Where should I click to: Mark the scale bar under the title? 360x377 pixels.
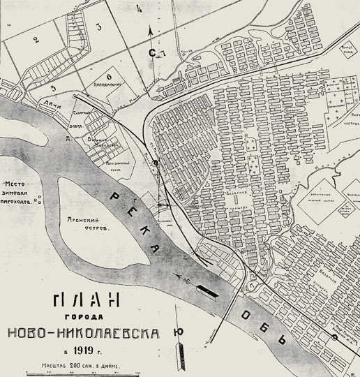[x=84, y=372]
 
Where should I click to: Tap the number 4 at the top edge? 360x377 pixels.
[x=140, y=8]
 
